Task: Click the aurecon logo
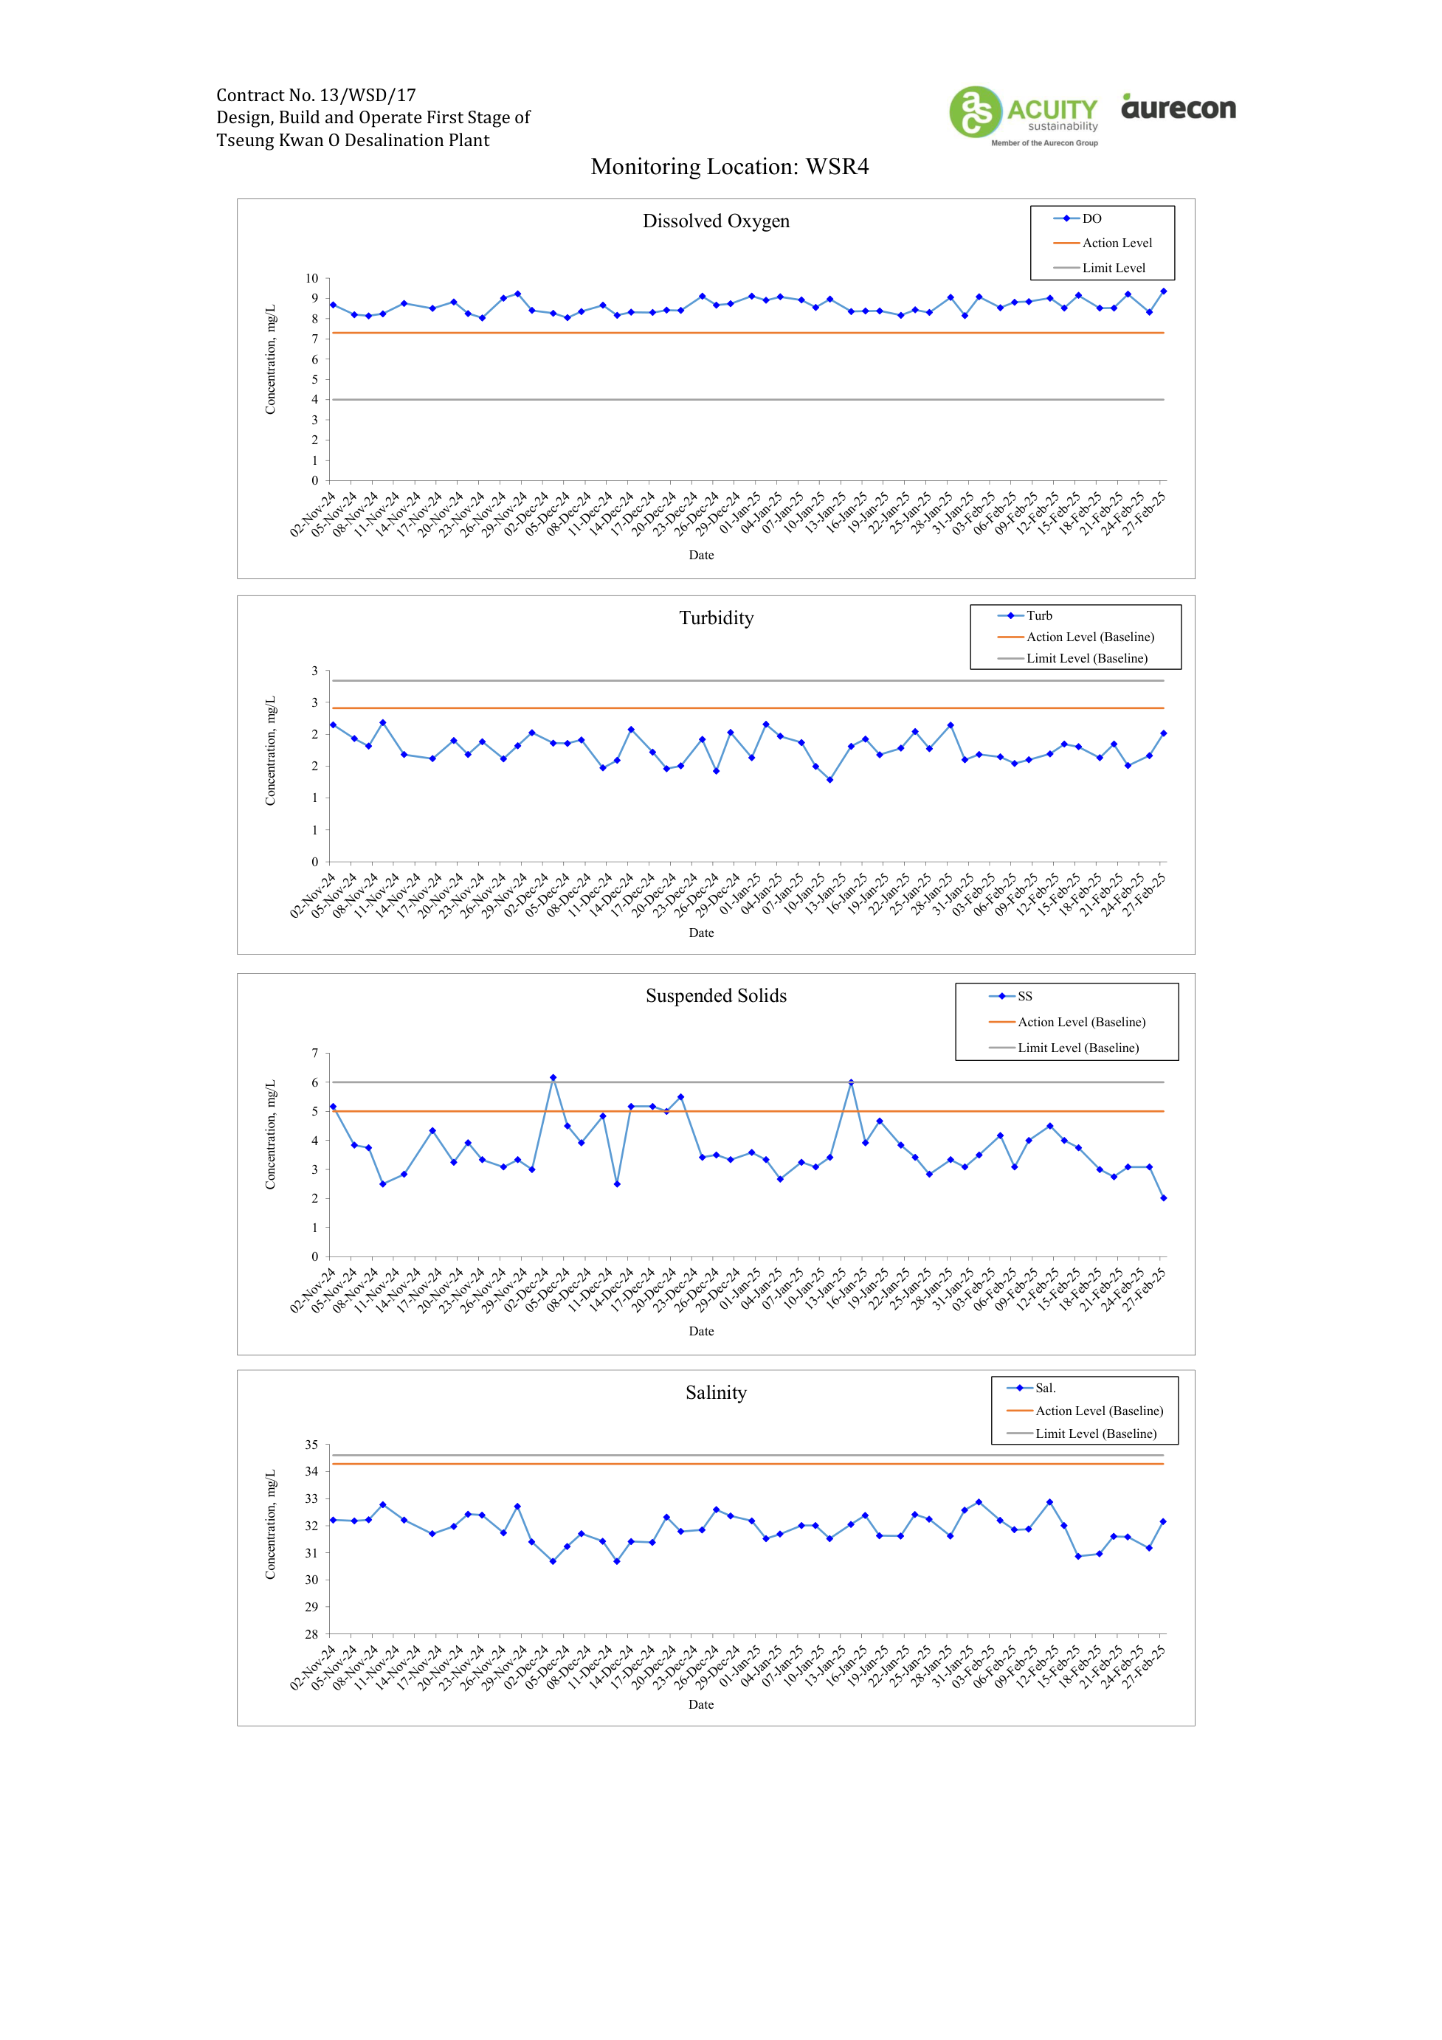(1178, 107)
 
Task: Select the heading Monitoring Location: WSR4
(729, 167)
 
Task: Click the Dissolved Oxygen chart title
(716, 221)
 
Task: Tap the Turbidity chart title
(716, 618)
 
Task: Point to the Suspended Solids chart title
(716, 996)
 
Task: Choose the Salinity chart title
(716, 1392)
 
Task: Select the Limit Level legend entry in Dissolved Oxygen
(1099, 269)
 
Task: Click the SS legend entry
(1010, 996)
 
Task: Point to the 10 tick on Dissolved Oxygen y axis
(312, 279)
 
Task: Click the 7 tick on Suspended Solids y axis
(314, 1054)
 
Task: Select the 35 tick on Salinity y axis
(312, 1445)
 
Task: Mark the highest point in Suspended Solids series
(553, 1078)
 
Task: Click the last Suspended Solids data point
(1164, 1197)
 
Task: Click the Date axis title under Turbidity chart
(701, 933)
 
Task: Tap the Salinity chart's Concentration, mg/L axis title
(271, 1525)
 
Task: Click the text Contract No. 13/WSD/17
(317, 95)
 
